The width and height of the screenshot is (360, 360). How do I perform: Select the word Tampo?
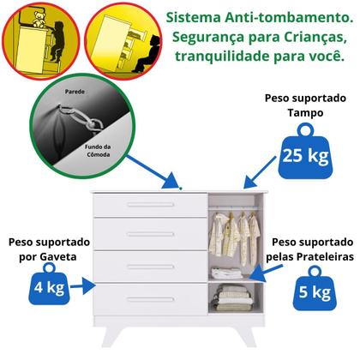click(x=308, y=113)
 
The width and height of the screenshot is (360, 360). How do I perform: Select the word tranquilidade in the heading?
click(x=219, y=58)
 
